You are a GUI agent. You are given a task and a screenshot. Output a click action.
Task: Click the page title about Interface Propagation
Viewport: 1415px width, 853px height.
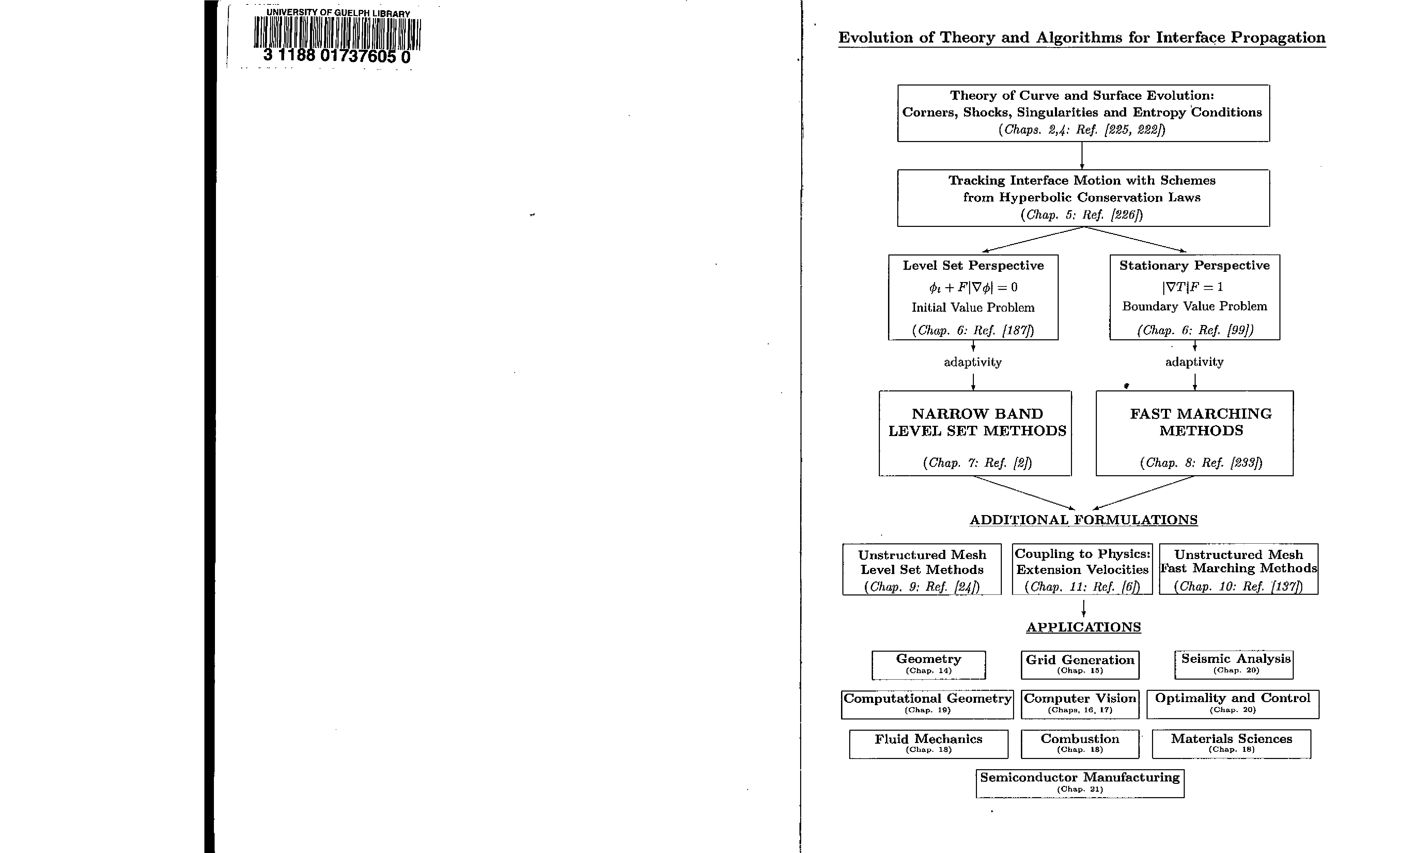coord(1082,38)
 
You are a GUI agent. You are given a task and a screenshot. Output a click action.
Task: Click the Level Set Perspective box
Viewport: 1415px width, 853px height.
coord(973,297)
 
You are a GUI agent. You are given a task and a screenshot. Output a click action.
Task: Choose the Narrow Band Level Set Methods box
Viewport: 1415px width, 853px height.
coord(975,433)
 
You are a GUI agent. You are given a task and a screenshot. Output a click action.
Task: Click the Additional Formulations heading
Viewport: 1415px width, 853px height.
coord(1083,520)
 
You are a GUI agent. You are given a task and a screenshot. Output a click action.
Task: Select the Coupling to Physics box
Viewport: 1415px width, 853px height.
coord(1082,569)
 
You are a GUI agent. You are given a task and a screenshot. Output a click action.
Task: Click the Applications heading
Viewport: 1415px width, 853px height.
coord(1083,627)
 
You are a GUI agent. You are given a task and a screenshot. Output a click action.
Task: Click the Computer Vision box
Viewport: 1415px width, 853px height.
coord(1079,704)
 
